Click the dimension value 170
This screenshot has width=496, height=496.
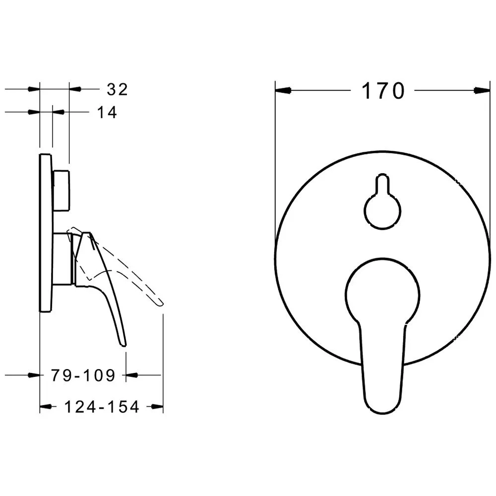coord(383,91)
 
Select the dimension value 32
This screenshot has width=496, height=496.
coord(117,89)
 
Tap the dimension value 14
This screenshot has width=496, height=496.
coord(107,112)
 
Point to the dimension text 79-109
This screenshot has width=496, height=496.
coord(83,375)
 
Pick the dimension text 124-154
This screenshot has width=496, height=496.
coord(102,407)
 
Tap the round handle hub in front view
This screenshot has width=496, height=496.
coord(382,294)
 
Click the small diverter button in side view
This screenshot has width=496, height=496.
coord(61,190)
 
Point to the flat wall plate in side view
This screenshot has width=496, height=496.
coord(46,233)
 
